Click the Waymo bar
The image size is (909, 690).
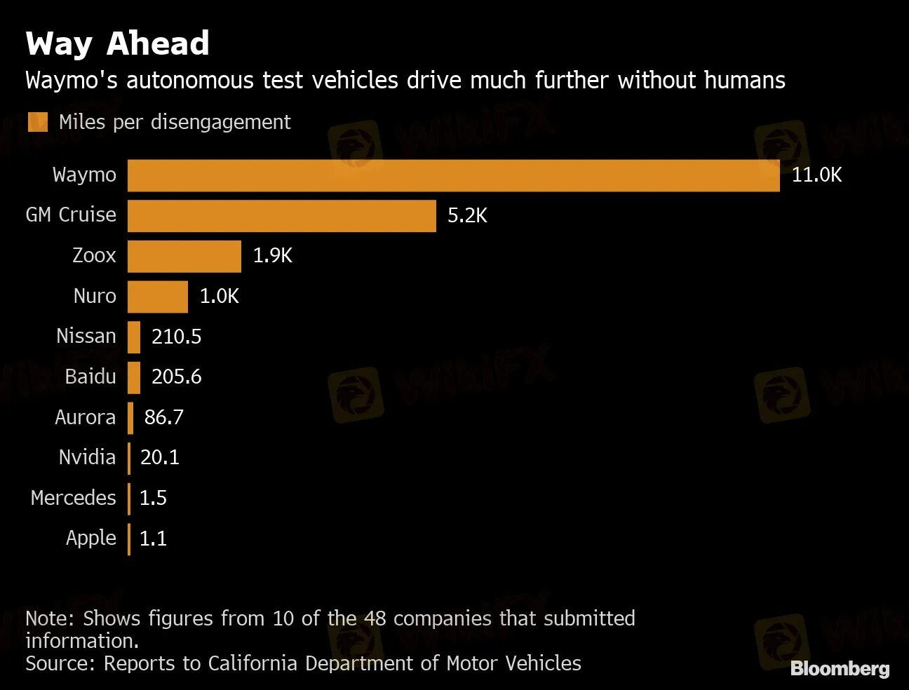tap(453, 175)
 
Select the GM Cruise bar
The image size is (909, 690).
tap(281, 216)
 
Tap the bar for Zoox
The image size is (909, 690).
tap(184, 256)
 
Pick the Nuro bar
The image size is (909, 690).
tap(157, 297)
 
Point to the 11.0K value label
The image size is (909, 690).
tap(816, 175)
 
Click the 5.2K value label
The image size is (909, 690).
tap(467, 215)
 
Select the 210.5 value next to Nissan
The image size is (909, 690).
tap(176, 337)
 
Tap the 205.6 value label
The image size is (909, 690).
tap(176, 377)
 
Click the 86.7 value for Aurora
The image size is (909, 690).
tap(163, 417)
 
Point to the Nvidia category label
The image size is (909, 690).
tap(87, 457)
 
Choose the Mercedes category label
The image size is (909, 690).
tap(73, 498)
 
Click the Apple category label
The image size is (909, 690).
tap(90, 539)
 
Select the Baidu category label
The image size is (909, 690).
tap(90, 377)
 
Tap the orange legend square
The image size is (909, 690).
tap(38, 122)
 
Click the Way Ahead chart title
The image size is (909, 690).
tap(118, 43)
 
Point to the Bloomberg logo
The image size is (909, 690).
tap(840, 669)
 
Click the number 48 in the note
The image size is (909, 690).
tap(375, 618)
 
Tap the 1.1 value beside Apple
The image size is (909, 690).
tap(153, 539)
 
